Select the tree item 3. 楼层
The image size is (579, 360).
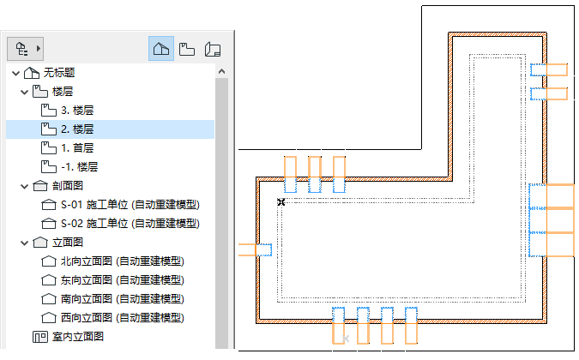[76, 111]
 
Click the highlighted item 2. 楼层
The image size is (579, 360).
[76, 129]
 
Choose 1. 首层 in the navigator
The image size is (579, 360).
[76, 147]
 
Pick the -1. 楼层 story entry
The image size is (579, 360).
[79, 166]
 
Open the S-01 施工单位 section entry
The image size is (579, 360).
[130, 204]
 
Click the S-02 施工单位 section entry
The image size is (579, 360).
[130, 223]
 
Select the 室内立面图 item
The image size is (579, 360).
[80, 336]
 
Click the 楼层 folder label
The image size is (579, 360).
[62, 91]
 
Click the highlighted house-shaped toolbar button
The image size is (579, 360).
[161, 49]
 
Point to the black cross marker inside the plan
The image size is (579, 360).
[280, 202]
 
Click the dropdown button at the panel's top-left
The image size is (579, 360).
[25, 49]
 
